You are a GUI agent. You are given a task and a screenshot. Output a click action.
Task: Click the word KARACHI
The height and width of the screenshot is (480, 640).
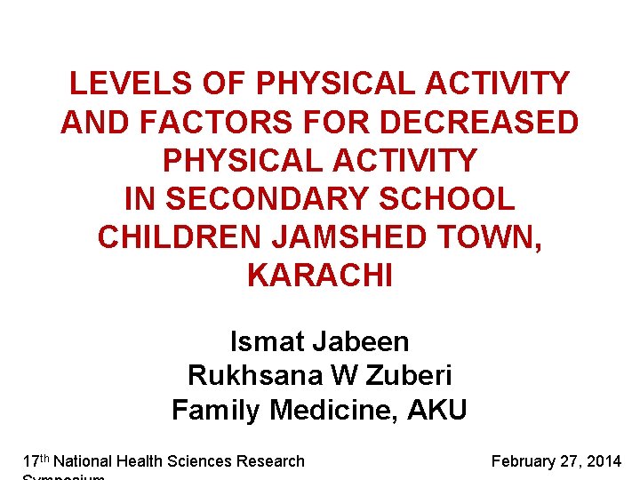[319, 276]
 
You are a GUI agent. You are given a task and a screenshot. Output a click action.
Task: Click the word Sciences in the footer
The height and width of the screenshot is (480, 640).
[199, 461]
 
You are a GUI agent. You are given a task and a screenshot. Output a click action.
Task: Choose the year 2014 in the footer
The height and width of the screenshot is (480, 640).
[604, 461]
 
